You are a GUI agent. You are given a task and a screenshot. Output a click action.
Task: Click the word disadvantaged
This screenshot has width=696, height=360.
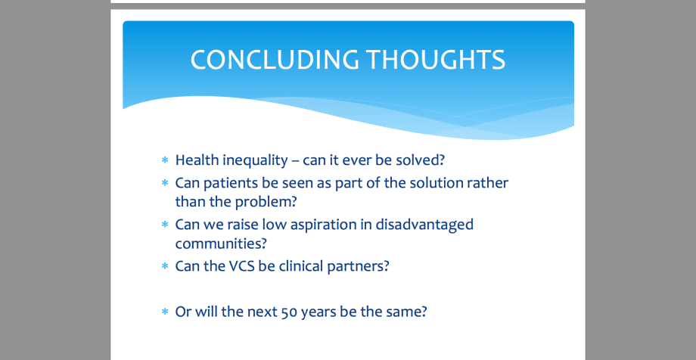pos(424,225)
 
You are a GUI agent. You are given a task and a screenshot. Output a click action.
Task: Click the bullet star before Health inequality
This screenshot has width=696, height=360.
pos(165,160)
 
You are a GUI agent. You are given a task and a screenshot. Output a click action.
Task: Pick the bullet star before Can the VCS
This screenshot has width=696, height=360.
pos(165,266)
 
